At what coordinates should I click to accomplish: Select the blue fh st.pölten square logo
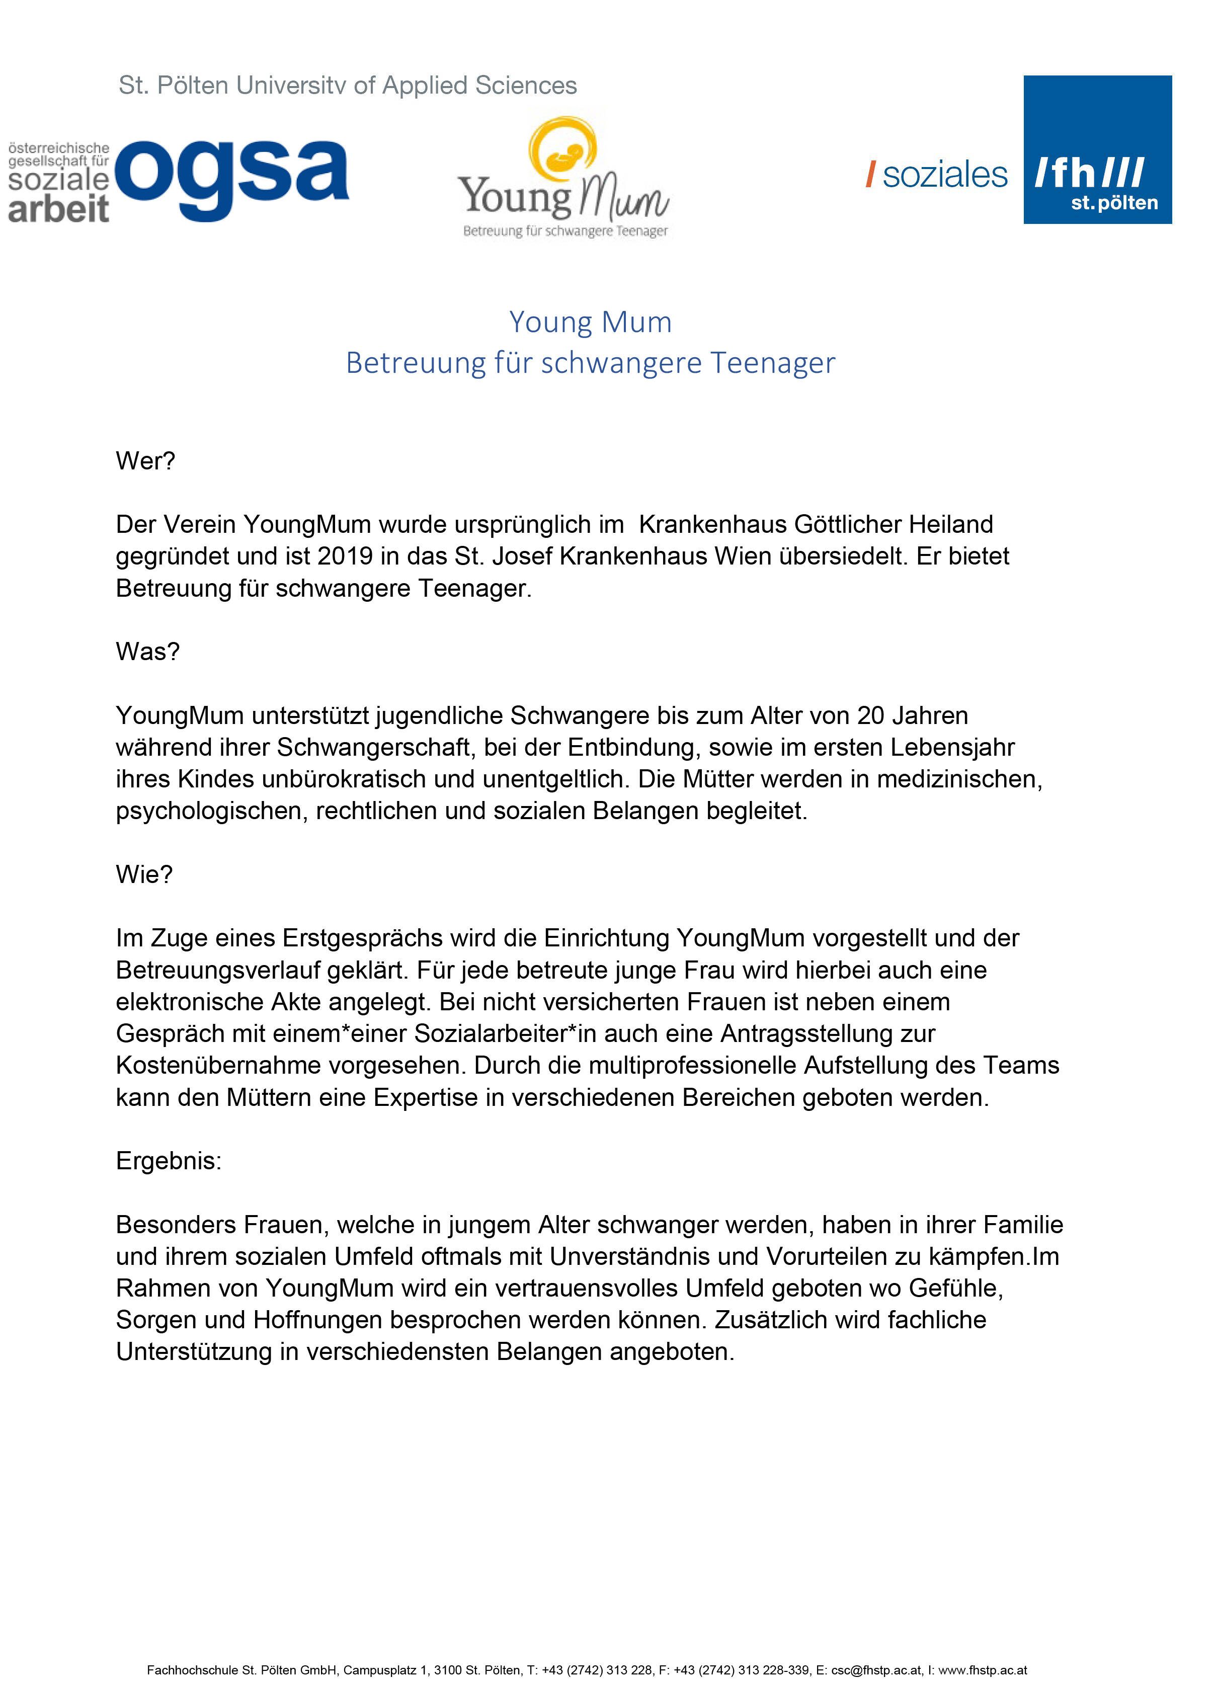point(1097,149)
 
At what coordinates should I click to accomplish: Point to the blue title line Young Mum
point(590,323)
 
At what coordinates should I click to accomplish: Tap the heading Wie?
point(144,874)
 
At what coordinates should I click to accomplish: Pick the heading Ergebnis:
point(169,1160)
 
